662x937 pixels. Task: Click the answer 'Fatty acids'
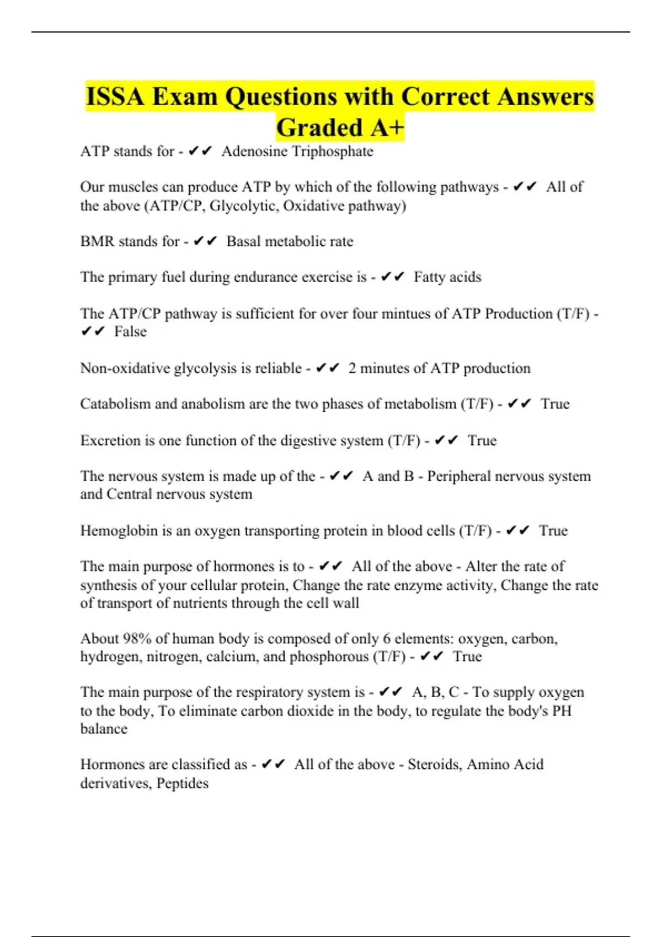coord(447,277)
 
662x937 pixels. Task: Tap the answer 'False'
coord(130,332)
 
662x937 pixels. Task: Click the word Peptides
coord(183,783)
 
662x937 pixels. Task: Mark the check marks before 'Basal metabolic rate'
coord(205,241)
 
